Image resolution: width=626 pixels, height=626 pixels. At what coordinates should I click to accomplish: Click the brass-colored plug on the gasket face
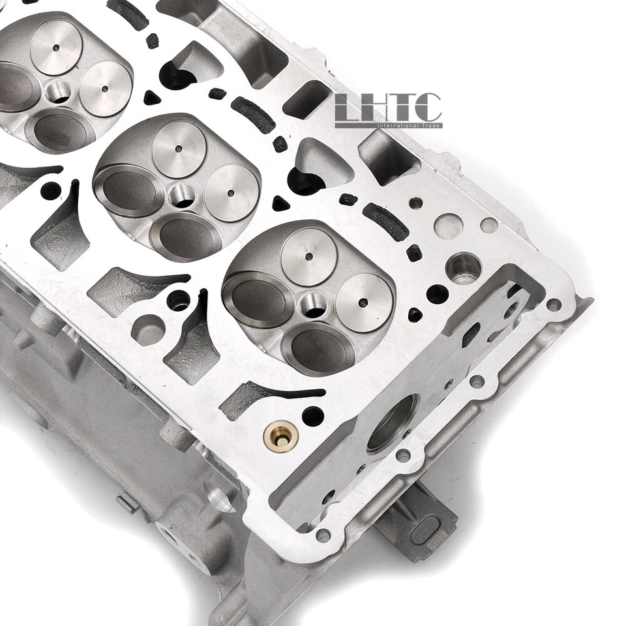click(x=281, y=436)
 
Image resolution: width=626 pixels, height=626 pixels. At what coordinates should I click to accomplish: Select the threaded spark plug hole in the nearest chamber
click(x=312, y=305)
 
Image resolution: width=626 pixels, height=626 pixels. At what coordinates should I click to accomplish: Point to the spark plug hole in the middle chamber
click(x=181, y=194)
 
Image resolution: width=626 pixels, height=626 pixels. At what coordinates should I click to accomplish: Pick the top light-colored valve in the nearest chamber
click(x=308, y=256)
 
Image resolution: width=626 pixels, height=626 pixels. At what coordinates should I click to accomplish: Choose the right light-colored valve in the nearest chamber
click(x=364, y=302)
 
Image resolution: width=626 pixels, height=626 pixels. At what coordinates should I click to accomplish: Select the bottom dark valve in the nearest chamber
click(x=321, y=349)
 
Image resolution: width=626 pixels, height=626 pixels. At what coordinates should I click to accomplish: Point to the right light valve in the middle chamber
click(x=231, y=193)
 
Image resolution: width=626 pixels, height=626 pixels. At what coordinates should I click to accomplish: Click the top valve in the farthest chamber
click(x=55, y=47)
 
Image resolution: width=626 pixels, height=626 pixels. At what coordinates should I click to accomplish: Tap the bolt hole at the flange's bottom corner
click(x=322, y=536)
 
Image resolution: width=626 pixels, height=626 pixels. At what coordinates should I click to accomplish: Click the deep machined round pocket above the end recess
click(x=463, y=267)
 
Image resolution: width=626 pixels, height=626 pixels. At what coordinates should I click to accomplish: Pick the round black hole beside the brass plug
click(x=312, y=415)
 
